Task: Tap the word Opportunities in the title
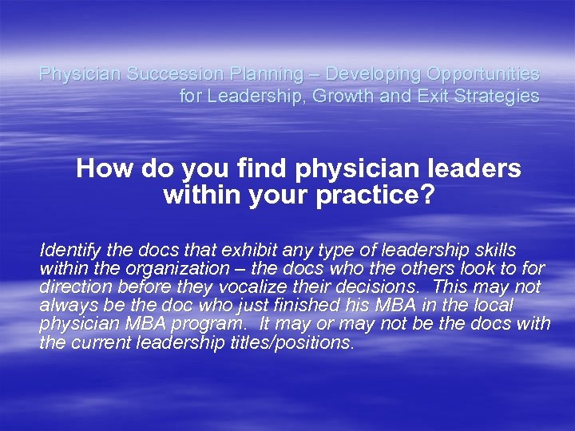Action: point(483,74)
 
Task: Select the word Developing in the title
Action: point(373,74)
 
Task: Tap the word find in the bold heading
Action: point(262,168)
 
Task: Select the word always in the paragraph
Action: point(66,306)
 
